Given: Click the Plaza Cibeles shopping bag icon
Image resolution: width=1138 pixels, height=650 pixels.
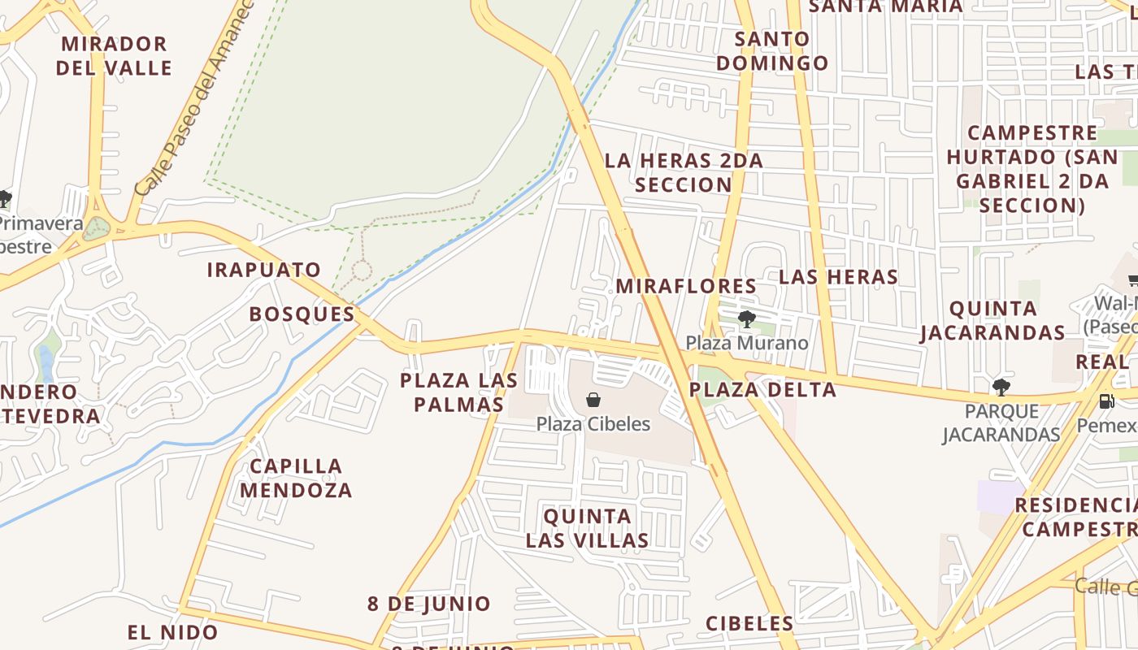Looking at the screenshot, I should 593,400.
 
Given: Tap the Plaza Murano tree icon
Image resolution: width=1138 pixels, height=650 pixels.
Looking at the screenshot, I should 746,318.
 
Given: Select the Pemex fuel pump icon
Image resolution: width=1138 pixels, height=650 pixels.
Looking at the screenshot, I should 1105,401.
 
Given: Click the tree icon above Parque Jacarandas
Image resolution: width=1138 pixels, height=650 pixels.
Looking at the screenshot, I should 1001,387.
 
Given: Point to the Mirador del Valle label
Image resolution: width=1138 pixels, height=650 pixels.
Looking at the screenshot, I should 114,55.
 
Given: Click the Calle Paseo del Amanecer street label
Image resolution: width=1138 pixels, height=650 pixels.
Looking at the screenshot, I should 194,97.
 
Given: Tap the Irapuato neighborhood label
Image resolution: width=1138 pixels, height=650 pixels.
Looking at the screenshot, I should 264,270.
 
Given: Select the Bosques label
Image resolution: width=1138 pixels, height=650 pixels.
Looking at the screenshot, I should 302,314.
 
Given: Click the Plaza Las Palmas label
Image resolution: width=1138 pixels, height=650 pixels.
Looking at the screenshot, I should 459,392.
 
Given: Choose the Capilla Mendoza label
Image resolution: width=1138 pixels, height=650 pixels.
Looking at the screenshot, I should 296,478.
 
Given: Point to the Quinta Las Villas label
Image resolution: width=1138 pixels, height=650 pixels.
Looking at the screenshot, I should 587,528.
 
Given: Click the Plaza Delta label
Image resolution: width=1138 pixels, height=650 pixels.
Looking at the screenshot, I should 762,389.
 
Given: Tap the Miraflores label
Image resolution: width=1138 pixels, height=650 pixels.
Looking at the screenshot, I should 686,286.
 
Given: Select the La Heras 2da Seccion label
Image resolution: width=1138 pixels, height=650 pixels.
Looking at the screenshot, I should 684,172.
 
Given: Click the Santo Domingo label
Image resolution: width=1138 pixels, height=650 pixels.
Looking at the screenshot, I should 772,50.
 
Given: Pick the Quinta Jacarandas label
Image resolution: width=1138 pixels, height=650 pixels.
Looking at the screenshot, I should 992,320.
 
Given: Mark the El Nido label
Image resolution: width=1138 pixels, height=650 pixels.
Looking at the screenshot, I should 172,632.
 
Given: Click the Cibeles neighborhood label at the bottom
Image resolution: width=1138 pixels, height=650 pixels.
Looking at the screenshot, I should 749,623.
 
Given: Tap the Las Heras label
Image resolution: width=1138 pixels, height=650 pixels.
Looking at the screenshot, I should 838,276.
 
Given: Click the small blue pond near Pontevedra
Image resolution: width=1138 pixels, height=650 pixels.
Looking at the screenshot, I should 46,362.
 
